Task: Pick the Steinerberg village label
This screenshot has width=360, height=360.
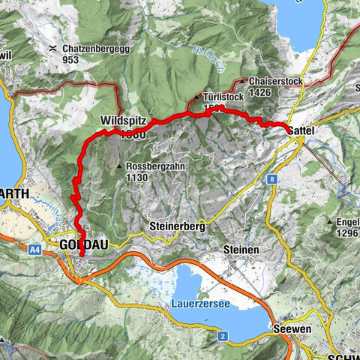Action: tap(177, 224)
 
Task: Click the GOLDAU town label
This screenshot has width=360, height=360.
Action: tap(79, 244)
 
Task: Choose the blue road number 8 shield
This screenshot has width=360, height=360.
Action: tap(271, 179)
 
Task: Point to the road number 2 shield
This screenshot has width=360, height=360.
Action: tap(223, 335)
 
